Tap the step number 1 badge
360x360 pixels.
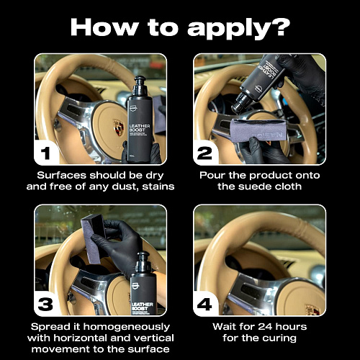pyautogui.click(x=45, y=153)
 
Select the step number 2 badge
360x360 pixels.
pyautogui.click(x=204, y=153)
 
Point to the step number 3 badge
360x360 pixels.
pyautogui.click(x=45, y=304)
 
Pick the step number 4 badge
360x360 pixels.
pyautogui.click(x=204, y=304)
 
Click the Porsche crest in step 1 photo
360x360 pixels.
pyautogui.click(x=119, y=127)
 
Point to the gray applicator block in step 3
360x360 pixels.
pyautogui.click(x=93, y=238)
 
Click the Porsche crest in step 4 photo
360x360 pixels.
pyautogui.click(x=312, y=310)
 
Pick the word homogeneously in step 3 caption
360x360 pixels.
pyautogui.click(x=127, y=327)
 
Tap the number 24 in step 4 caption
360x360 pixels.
pyautogui.click(x=266, y=327)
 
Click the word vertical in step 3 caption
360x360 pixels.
pyautogui.click(x=154, y=338)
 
